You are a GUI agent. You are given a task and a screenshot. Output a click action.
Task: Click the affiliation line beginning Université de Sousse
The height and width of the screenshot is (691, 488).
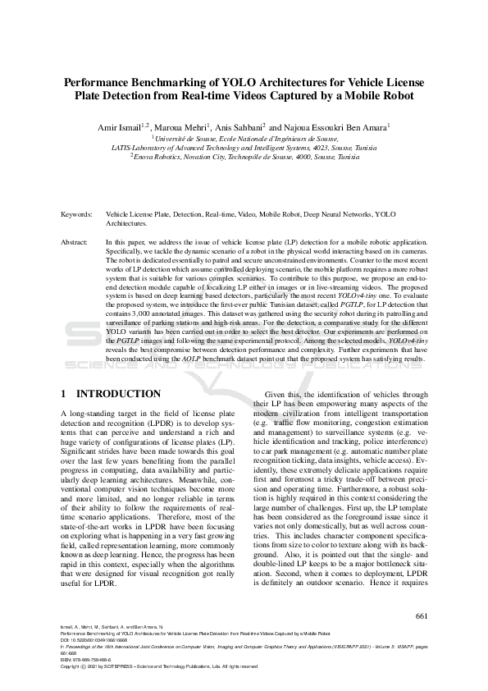click(x=244, y=140)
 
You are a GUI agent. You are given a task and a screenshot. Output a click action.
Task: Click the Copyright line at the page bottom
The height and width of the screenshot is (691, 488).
click(x=160, y=667)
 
